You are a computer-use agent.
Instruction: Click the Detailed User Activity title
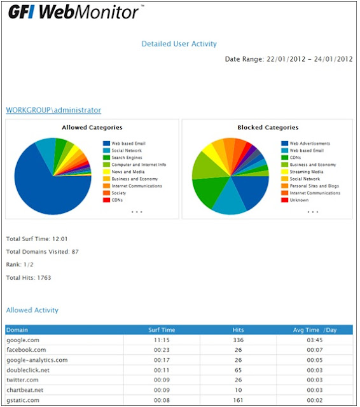pyautogui.click(x=179, y=44)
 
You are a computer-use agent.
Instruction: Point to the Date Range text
pyautogui.click(x=289, y=59)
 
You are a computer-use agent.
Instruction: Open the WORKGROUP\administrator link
pyautogui.click(x=53, y=110)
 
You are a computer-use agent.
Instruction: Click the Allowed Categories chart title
pyautogui.click(x=92, y=127)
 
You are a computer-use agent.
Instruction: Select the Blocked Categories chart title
pyautogui.click(x=268, y=127)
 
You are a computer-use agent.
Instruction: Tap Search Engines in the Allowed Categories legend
pyautogui.click(x=127, y=157)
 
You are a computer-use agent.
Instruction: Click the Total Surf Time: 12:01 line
pyautogui.click(x=36, y=239)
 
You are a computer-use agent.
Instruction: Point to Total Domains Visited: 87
pyautogui.click(x=42, y=252)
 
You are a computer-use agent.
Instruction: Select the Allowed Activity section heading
pyautogui.click(x=32, y=310)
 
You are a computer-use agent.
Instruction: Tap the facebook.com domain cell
pyautogui.click(x=26, y=350)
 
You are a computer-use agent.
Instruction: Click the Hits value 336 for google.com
pyautogui.click(x=238, y=340)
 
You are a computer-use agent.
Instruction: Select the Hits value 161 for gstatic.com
pyautogui.click(x=238, y=400)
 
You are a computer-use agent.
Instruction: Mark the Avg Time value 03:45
pyautogui.click(x=314, y=340)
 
